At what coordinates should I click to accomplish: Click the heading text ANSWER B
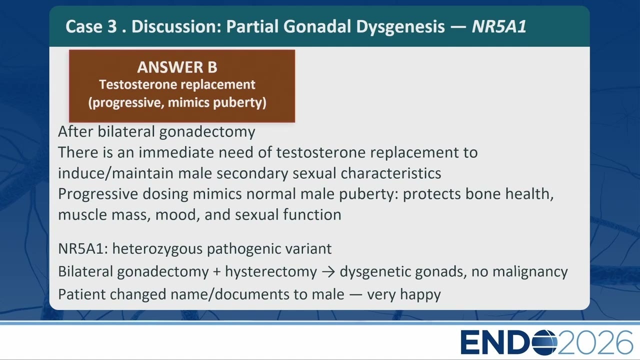pyautogui.click(x=177, y=67)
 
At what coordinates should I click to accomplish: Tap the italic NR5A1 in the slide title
pyautogui.click(x=499, y=26)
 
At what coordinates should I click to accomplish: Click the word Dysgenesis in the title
pyautogui.click(x=400, y=27)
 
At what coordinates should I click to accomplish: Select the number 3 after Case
pyautogui.click(x=112, y=26)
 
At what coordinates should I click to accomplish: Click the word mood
pyautogui.click(x=177, y=215)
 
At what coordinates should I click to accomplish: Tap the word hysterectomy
pyautogui.click(x=271, y=271)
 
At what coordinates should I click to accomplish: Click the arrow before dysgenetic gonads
pyautogui.click(x=328, y=272)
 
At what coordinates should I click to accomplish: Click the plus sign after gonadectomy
pyautogui.click(x=217, y=272)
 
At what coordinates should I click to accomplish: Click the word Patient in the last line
pyautogui.click(x=81, y=294)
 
